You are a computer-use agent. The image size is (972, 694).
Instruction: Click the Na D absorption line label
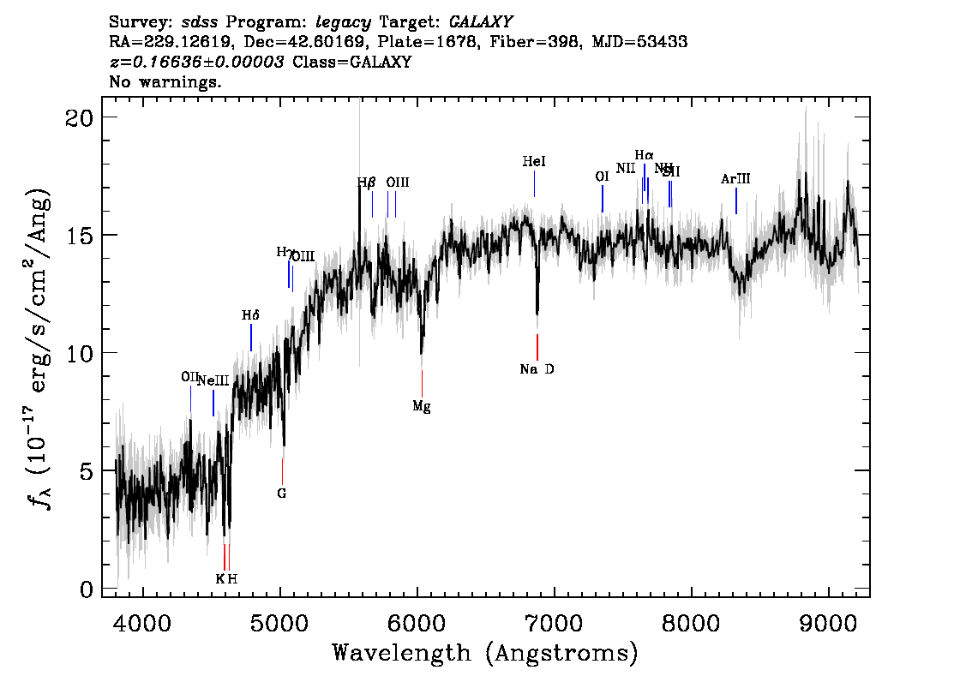pos(537,369)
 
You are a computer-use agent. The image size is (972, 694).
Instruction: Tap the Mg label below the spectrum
pos(421,406)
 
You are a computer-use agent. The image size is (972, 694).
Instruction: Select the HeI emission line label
pos(534,161)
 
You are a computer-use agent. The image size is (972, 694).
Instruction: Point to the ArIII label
pos(735,179)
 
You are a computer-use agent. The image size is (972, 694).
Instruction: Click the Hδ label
pos(250,315)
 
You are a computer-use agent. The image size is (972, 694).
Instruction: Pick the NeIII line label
pos(213,381)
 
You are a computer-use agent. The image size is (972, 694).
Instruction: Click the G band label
pos(281,494)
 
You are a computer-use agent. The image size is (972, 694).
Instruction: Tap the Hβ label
pos(367,182)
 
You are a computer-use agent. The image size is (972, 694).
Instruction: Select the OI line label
pos(602,176)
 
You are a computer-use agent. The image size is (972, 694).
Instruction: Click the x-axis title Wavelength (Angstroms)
pos(485,654)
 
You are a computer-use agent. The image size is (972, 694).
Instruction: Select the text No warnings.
pos(165,82)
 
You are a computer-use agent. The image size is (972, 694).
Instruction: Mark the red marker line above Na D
pos(537,347)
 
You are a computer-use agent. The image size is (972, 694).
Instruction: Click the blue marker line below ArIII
pos(736,200)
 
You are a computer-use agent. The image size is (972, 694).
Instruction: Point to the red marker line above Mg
pos(422,382)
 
